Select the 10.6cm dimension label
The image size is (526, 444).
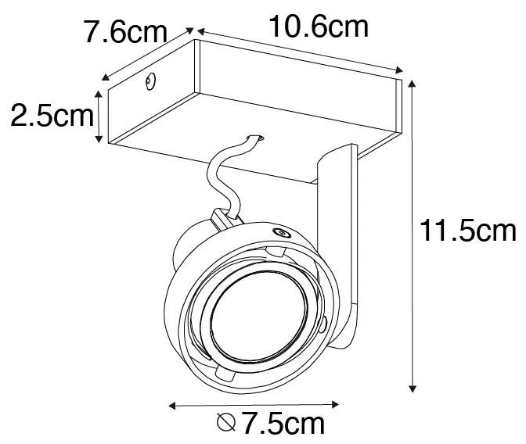coord(318,27)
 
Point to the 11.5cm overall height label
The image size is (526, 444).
coord(468,231)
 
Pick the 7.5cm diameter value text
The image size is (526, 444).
coord(283,425)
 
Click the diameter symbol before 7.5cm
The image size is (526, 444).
coord(225,424)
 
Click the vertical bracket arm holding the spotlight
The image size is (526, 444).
coord(338,227)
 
